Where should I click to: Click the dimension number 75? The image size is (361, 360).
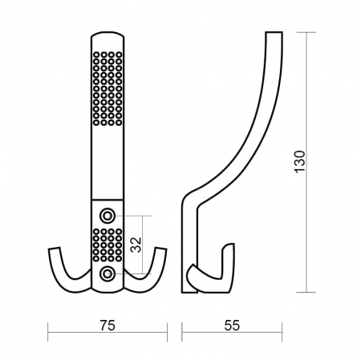[x=107, y=326]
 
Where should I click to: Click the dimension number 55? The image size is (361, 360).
[x=232, y=326]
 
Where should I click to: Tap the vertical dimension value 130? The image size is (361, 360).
[x=300, y=162]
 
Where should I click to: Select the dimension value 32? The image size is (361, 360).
[x=136, y=245]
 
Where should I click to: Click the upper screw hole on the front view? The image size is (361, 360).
[x=107, y=216]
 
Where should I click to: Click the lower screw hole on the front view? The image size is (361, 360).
[x=107, y=273]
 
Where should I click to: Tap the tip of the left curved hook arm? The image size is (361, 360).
[x=54, y=249]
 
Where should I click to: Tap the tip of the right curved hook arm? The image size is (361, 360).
[x=161, y=249]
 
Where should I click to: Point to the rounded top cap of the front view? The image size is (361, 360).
[x=107, y=34]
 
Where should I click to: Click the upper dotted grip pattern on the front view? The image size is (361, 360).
[x=107, y=88]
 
